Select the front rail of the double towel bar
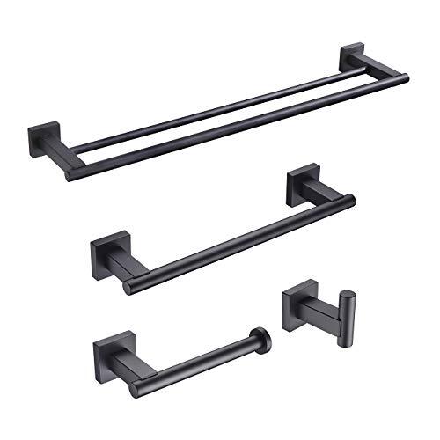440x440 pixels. (x=238, y=128)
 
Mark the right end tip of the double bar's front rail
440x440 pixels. (x=405, y=79)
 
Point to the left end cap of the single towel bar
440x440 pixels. (x=130, y=286)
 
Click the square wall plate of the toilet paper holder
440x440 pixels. (x=107, y=353)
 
